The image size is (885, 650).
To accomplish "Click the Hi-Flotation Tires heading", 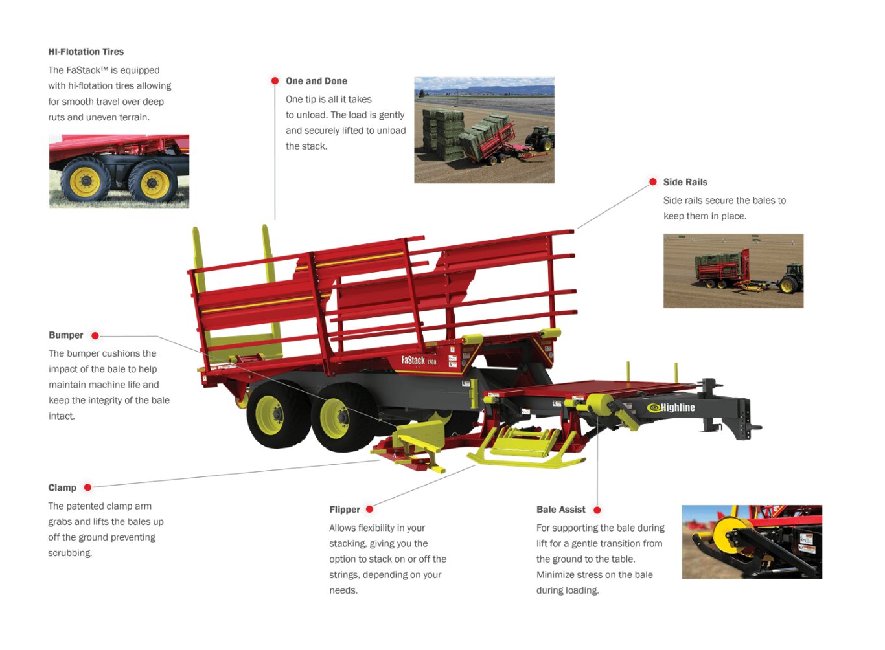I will click(86, 52).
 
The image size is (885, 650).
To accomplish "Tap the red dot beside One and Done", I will click(275, 81).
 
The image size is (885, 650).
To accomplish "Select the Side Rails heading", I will click(685, 182).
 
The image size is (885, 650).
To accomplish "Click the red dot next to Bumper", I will click(95, 335).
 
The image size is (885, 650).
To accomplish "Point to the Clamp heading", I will click(62, 487).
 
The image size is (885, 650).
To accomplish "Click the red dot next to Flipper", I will click(369, 510).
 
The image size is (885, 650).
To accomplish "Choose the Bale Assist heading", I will click(560, 510).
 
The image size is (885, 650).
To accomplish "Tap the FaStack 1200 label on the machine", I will click(419, 361).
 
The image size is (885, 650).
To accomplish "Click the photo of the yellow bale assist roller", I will click(752, 542).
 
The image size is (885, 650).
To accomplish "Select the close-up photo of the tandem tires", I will click(119, 172).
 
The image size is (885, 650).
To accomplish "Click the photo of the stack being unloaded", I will click(484, 130).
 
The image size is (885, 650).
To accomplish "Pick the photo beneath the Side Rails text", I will click(733, 271).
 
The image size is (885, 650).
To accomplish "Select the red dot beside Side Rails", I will click(653, 182).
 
